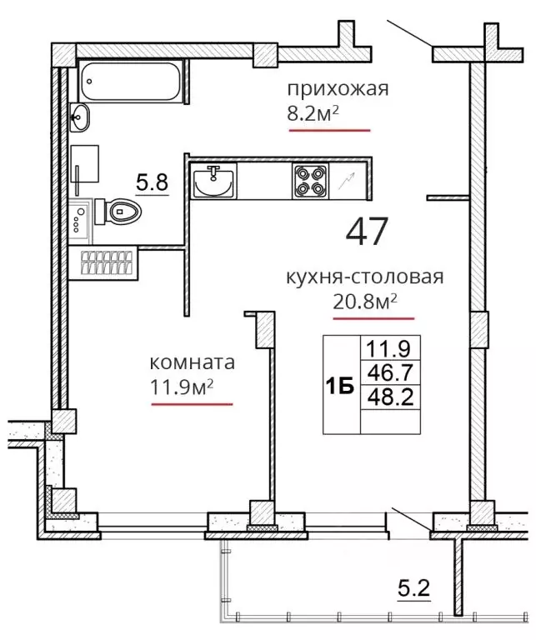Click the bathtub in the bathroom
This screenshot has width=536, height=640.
(x=131, y=81)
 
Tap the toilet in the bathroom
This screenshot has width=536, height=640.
(x=118, y=212)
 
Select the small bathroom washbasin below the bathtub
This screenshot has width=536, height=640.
(x=79, y=117)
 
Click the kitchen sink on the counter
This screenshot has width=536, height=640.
(x=213, y=181)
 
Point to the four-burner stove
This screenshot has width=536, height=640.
(x=310, y=181)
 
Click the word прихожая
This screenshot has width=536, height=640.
(x=338, y=89)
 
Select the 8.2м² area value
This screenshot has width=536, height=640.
(x=313, y=114)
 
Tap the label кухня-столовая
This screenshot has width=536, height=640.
(x=364, y=277)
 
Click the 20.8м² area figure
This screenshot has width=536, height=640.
(x=365, y=302)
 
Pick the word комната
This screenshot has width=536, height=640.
(x=193, y=362)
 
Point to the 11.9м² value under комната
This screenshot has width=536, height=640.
(x=182, y=387)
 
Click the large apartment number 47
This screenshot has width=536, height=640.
(x=366, y=231)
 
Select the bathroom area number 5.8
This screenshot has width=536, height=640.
(x=153, y=182)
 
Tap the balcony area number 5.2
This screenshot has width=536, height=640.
(x=414, y=589)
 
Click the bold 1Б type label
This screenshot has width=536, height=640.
(x=339, y=387)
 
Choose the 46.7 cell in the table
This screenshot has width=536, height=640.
(x=391, y=372)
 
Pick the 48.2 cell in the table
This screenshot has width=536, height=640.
(x=391, y=397)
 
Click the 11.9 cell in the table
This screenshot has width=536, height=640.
(x=388, y=348)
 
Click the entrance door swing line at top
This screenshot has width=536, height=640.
(x=409, y=33)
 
